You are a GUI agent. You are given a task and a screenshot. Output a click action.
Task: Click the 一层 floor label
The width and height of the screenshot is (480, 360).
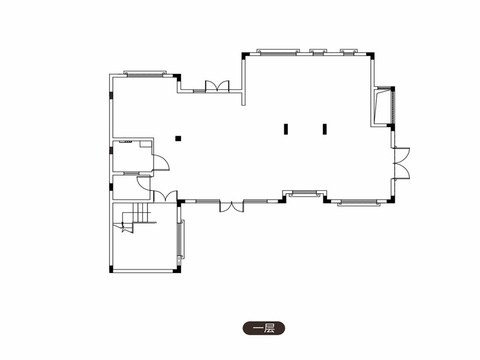tap(263, 328)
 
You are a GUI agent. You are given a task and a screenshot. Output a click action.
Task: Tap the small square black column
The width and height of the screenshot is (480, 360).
tap(178, 139)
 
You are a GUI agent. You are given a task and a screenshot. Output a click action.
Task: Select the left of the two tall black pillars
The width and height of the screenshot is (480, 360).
tap(286, 129)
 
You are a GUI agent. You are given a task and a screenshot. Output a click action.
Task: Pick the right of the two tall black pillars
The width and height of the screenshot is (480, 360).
tap(325, 129)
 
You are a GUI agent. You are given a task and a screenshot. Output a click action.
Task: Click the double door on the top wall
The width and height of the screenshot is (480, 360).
tap(217, 86)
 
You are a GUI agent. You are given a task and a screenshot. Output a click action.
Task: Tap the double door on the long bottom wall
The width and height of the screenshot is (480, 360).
tap(232, 206)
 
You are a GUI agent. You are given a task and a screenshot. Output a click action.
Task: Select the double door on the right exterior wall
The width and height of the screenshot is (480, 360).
tap(401, 163)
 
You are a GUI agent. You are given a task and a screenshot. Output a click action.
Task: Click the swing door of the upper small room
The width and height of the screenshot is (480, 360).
tap(161, 162)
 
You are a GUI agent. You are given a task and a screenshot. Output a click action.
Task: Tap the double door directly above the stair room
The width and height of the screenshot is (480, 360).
tap(166, 196)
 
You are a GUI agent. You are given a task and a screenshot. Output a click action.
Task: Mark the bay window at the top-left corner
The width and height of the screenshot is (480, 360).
tap(145, 74)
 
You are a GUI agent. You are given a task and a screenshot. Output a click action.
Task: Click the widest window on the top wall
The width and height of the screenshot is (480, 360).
tap(278, 52)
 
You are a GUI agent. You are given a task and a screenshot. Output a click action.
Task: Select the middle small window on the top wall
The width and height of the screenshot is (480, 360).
tap(318, 52)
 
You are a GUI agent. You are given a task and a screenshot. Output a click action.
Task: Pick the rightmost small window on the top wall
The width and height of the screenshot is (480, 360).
tap(349, 52)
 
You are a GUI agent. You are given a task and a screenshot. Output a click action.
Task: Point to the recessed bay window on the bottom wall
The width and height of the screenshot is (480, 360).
tap(305, 193)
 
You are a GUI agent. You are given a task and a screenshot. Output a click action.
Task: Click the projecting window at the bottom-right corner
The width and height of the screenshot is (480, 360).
tap(358, 203)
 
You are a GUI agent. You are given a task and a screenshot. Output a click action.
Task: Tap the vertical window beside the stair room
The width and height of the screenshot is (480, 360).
tap(181, 239)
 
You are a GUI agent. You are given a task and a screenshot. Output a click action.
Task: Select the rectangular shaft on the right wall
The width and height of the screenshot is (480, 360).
tap(383, 106)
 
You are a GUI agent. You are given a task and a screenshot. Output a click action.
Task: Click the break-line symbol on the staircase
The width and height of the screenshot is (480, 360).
tap(124, 227)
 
